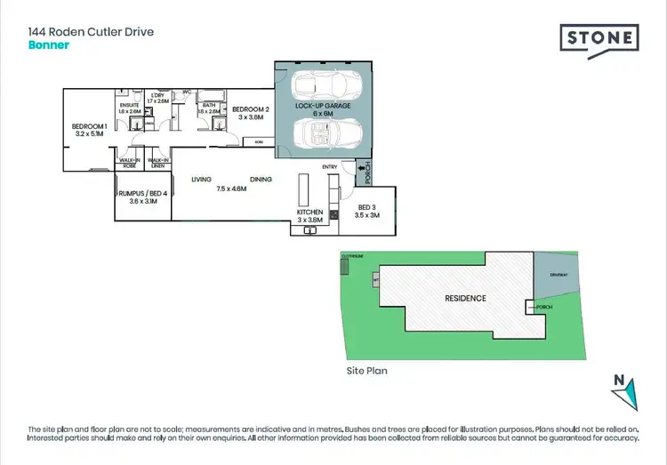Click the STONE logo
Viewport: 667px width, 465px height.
(599, 39)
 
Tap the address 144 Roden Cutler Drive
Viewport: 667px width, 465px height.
(91, 31)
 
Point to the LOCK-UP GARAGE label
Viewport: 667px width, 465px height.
(324, 106)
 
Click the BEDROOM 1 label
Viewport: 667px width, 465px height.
(90, 126)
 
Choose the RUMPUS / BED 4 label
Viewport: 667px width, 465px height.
(142, 193)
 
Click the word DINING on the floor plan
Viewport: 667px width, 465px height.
(261, 180)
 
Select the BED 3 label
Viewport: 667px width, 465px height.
(367, 206)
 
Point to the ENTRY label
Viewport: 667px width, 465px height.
(330, 166)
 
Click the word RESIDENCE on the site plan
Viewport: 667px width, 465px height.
(465, 298)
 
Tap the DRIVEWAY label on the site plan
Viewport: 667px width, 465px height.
(558, 275)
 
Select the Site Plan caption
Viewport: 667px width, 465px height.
(366, 371)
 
